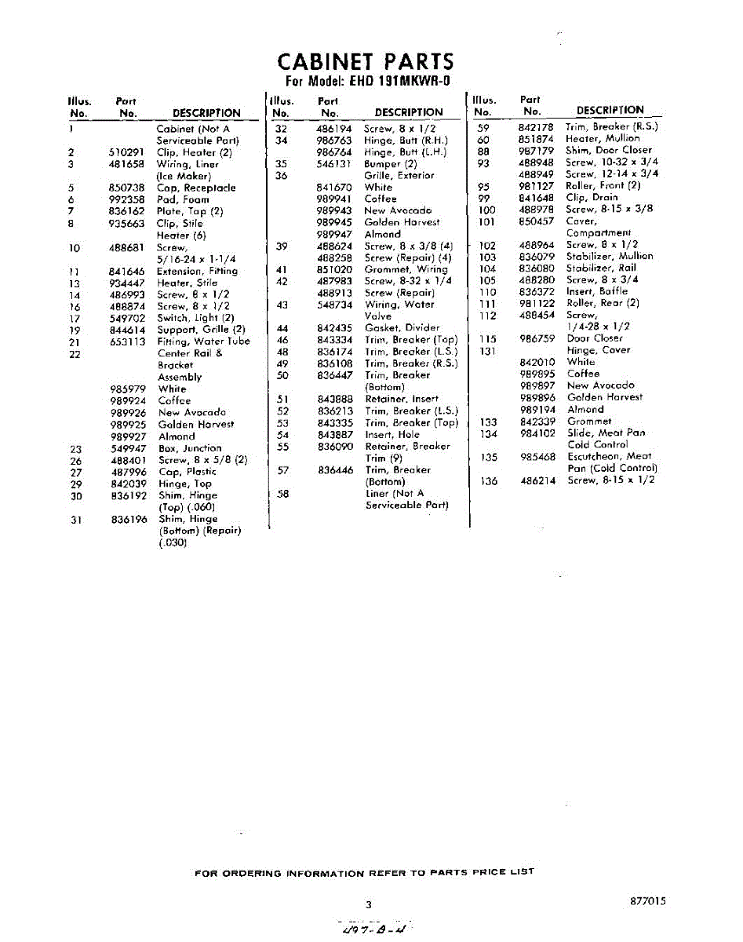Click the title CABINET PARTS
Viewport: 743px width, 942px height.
pyautogui.click(x=366, y=62)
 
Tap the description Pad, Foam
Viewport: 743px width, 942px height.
pyautogui.click(x=183, y=199)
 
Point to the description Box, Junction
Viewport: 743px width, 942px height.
pyautogui.click(x=190, y=448)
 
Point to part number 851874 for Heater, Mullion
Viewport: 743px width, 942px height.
pyautogui.click(x=537, y=138)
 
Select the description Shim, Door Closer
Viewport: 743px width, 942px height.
pyautogui.click(x=609, y=150)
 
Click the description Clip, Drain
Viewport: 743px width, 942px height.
pyautogui.click(x=592, y=197)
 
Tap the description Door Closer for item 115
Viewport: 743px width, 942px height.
pyautogui.click(x=594, y=338)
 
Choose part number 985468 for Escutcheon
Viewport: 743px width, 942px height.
pyautogui.click(x=537, y=456)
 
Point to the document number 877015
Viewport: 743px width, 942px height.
pyautogui.click(x=647, y=902)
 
